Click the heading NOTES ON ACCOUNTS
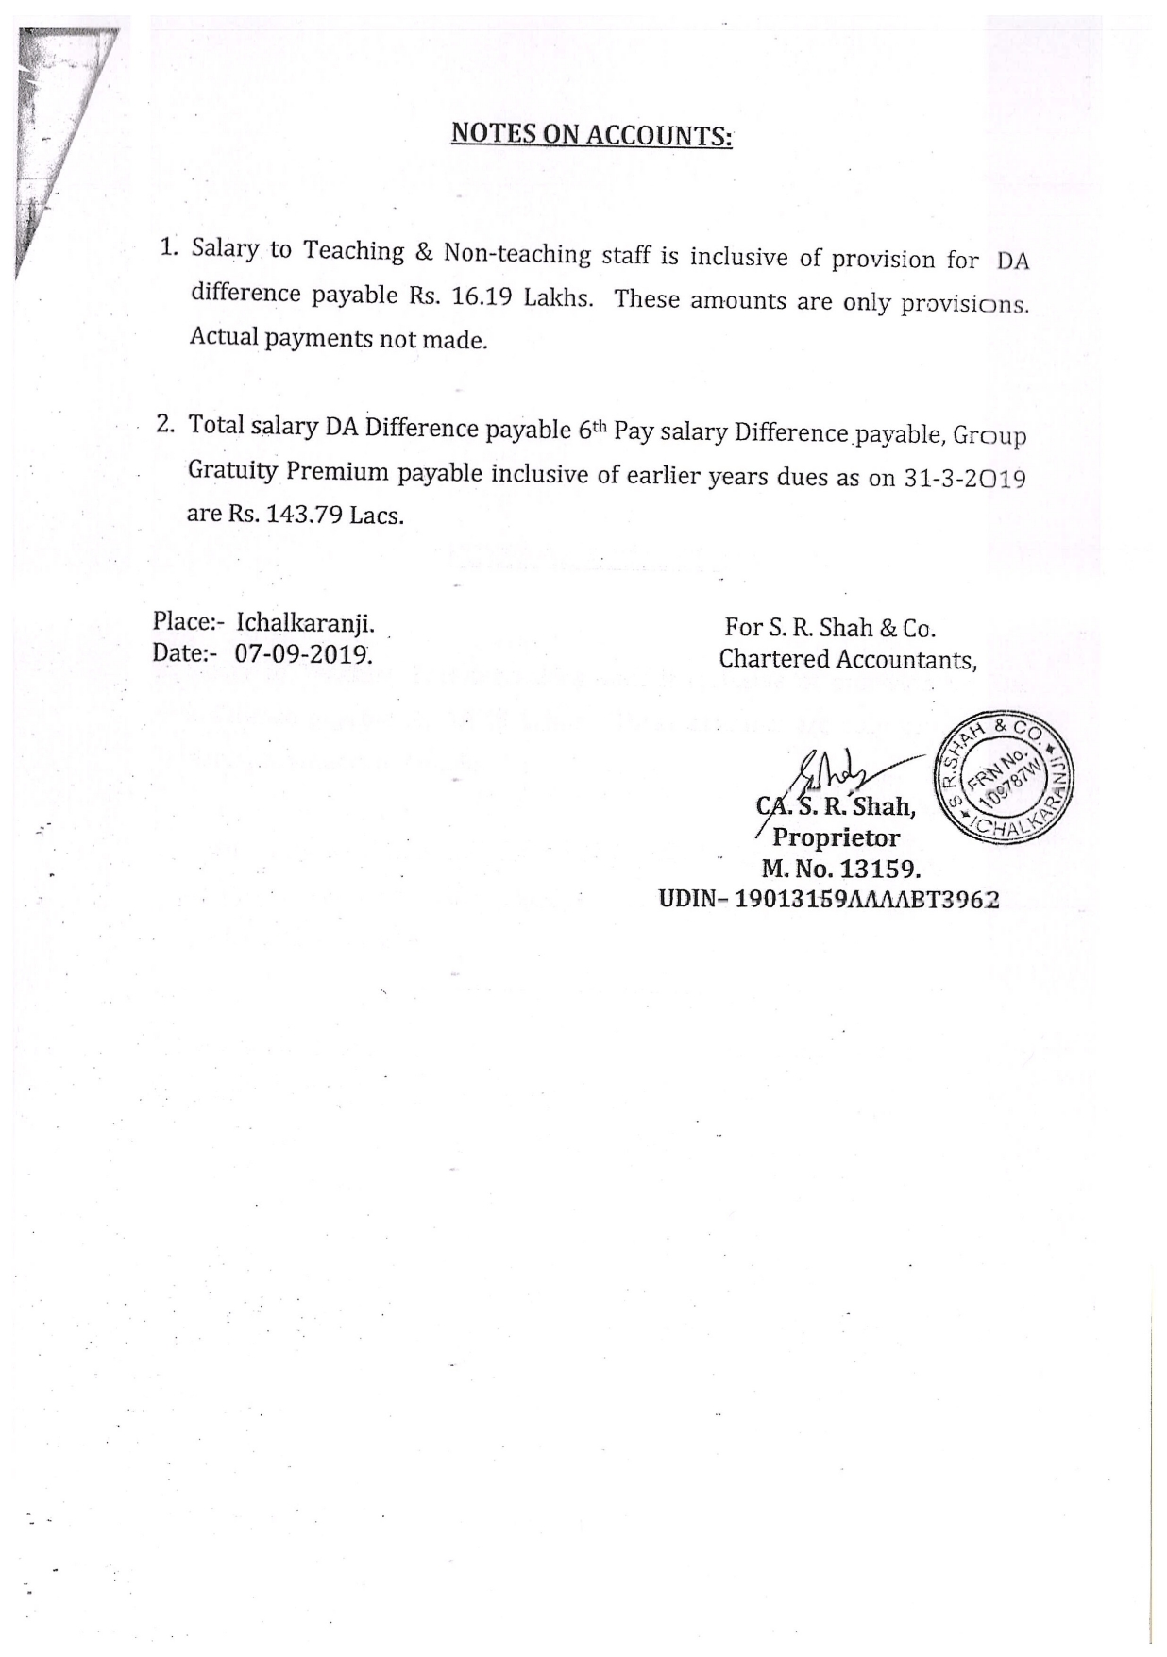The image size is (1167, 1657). pyautogui.click(x=591, y=135)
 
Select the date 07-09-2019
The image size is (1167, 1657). pyautogui.click(x=302, y=652)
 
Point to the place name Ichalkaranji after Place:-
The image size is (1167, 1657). pyautogui.click(x=305, y=623)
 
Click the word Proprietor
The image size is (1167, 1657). pyautogui.click(x=836, y=837)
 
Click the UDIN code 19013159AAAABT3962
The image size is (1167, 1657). pyautogui.click(x=867, y=899)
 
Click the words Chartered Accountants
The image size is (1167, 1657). pyautogui.click(x=846, y=659)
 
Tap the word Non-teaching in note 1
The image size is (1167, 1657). pyautogui.click(x=517, y=254)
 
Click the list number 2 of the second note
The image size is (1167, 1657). pyautogui.click(x=166, y=424)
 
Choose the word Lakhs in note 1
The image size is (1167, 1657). pyautogui.click(x=557, y=298)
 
